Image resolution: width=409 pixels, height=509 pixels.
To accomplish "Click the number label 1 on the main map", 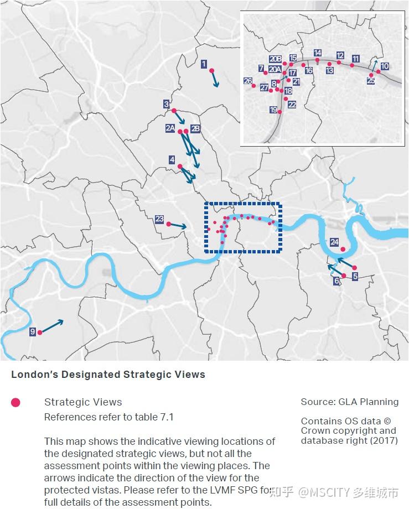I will pos(204,64).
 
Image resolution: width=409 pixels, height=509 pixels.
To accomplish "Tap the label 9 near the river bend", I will pos(33,331).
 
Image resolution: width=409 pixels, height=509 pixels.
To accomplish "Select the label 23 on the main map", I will pos(159,220).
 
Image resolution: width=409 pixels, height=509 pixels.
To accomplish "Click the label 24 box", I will pos(334,242).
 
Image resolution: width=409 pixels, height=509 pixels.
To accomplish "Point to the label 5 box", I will pos(355,276).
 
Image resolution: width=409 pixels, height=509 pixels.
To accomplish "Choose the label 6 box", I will pos(336,281).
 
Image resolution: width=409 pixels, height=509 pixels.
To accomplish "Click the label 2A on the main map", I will pos(170,128).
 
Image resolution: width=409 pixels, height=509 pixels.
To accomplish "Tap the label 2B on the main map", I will pos(195,128).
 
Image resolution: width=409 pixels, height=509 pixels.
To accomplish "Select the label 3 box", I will pos(166,103).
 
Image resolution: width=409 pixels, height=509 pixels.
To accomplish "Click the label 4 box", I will pos(172,160).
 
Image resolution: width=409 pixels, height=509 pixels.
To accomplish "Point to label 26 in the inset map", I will pos(248,81).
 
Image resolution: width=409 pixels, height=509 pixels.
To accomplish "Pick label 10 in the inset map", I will pos(384,66).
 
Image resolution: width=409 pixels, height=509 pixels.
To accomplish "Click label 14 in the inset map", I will pos(318,53).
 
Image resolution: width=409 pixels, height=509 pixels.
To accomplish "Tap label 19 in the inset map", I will pos(273,110).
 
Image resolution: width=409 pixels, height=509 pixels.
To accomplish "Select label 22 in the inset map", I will pos(292,104).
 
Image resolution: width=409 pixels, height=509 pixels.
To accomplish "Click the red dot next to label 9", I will pos(40,333).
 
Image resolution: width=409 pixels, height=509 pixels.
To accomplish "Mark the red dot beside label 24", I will pos(343,249).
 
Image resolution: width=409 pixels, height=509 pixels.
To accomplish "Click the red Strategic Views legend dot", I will pos(15,402).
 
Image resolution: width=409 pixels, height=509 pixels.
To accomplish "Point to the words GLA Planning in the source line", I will pos(373,402).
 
